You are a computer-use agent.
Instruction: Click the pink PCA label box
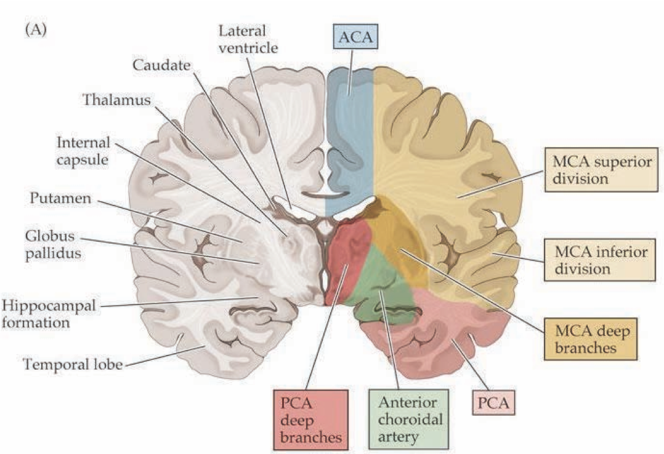(493, 404)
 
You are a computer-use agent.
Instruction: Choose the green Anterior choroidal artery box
(408, 420)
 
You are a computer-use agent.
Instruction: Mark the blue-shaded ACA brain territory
(349, 141)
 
